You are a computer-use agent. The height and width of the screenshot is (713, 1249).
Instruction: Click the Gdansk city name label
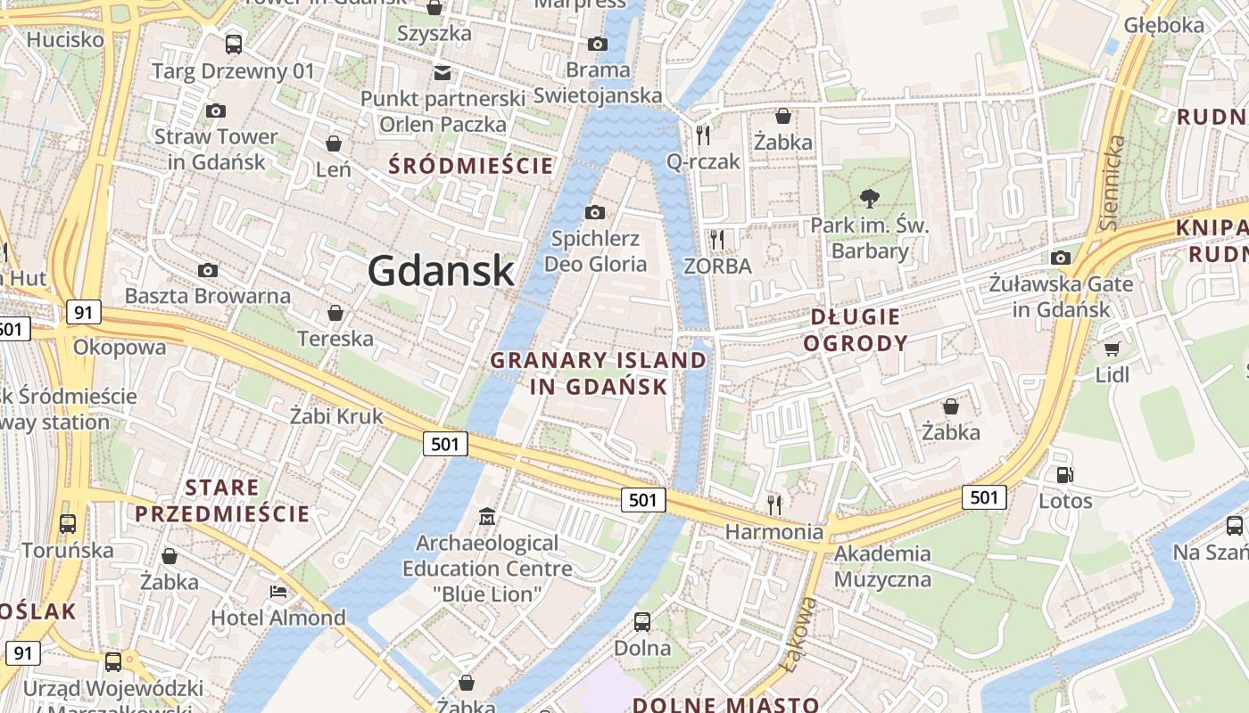pos(441,271)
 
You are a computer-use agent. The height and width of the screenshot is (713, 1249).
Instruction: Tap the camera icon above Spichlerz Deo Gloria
pos(595,212)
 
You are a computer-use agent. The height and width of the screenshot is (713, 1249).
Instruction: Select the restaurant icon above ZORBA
pos(716,239)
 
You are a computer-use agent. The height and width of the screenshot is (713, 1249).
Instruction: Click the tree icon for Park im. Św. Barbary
pos(869,199)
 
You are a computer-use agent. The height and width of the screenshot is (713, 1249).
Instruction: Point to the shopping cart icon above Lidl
pos(1112,348)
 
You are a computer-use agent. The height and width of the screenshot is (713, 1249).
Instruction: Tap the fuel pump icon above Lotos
pos(1064,475)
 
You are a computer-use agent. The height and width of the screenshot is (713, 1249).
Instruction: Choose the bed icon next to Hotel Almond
pos(278,592)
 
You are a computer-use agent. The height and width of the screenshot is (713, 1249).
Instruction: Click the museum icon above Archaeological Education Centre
pos(487,516)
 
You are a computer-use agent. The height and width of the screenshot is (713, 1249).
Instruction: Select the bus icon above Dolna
pos(642,622)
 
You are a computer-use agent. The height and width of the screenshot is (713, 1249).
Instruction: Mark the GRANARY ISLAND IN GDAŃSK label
pos(599,373)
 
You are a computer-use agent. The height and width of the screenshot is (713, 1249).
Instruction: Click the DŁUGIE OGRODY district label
pos(856,330)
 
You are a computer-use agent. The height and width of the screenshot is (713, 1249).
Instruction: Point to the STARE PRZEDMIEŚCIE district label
pos(222,501)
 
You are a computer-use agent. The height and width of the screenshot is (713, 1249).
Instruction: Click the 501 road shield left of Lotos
pos(984,496)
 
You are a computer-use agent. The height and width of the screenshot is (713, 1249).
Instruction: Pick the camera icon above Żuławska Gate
pos(1061,258)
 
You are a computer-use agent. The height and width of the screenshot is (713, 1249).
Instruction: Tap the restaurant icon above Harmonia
pos(774,504)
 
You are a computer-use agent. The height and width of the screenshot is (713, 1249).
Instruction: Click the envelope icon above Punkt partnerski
pos(442,72)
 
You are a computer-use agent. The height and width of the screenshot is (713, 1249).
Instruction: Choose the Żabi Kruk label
pos(336,415)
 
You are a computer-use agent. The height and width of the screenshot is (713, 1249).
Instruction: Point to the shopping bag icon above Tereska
pos(335,313)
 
